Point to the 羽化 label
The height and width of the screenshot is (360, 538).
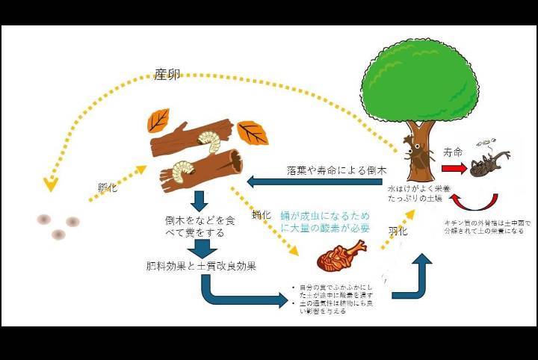tap(398, 232)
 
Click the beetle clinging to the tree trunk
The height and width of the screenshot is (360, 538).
tap(415, 155)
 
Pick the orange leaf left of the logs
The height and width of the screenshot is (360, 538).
tap(158, 119)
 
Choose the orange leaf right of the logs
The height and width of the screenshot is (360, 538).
tap(253, 133)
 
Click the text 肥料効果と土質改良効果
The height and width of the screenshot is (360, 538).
tap(202, 266)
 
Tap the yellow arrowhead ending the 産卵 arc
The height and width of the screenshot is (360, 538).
tap(51, 183)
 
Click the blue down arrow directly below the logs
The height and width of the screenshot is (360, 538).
tap(199, 200)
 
